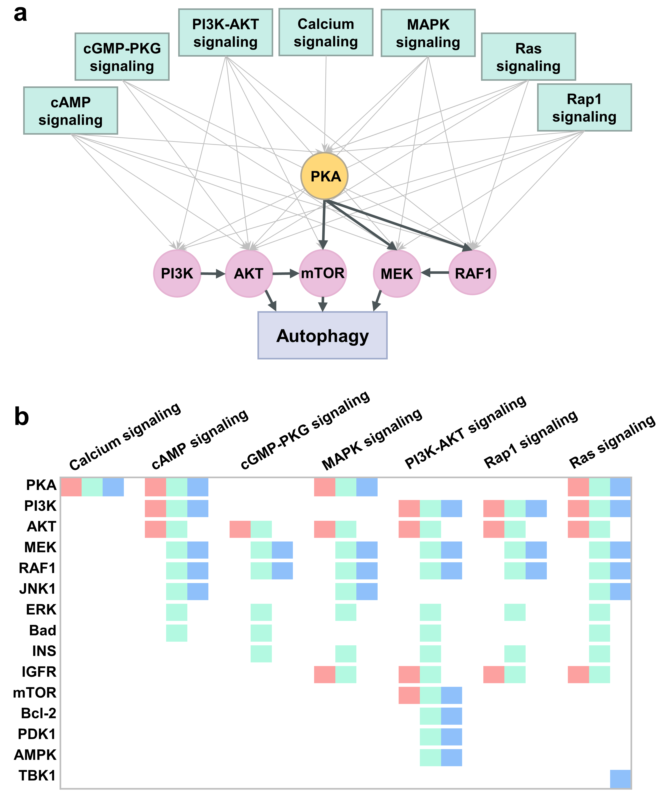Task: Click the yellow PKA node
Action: [x=325, y=176]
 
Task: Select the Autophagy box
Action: [x=322, y=335]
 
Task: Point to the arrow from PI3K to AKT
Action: [x=213, y=273]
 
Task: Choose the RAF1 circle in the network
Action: [x=473, y=273]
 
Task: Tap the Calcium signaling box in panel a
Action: [x=326, y=32]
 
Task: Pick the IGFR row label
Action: [x=39, y=672]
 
